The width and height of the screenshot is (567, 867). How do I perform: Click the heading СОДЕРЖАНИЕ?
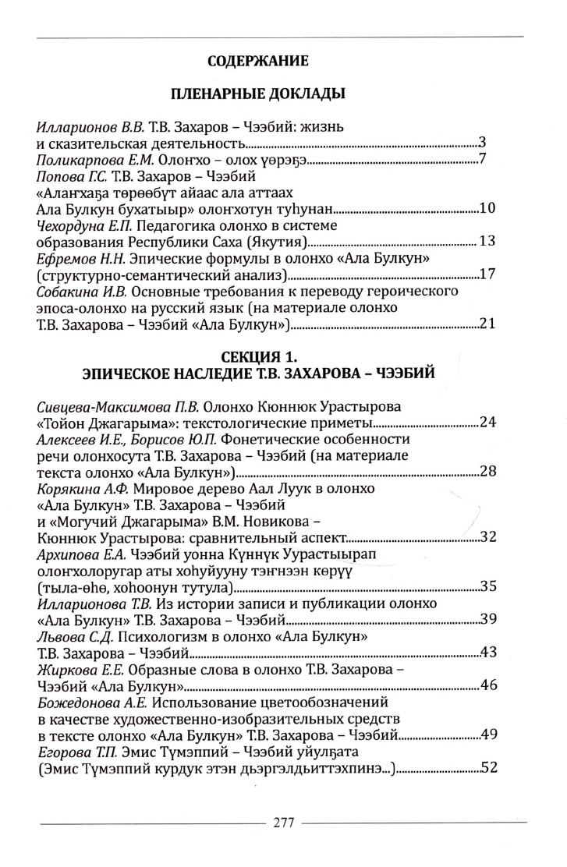tap(258, 60)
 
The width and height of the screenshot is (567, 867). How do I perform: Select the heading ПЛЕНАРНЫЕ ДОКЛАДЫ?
tap(258, 94)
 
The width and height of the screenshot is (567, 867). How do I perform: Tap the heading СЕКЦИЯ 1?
tap(259, 357)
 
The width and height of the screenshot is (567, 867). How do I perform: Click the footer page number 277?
tap(283, 823)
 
